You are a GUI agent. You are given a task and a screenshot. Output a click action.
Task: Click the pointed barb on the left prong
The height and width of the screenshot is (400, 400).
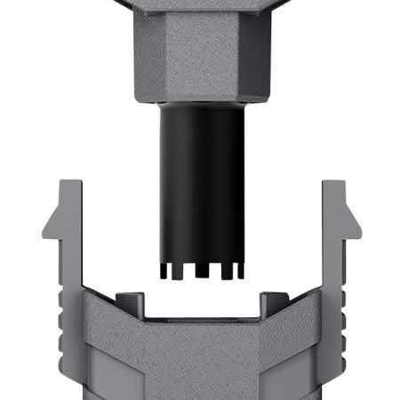48,222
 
